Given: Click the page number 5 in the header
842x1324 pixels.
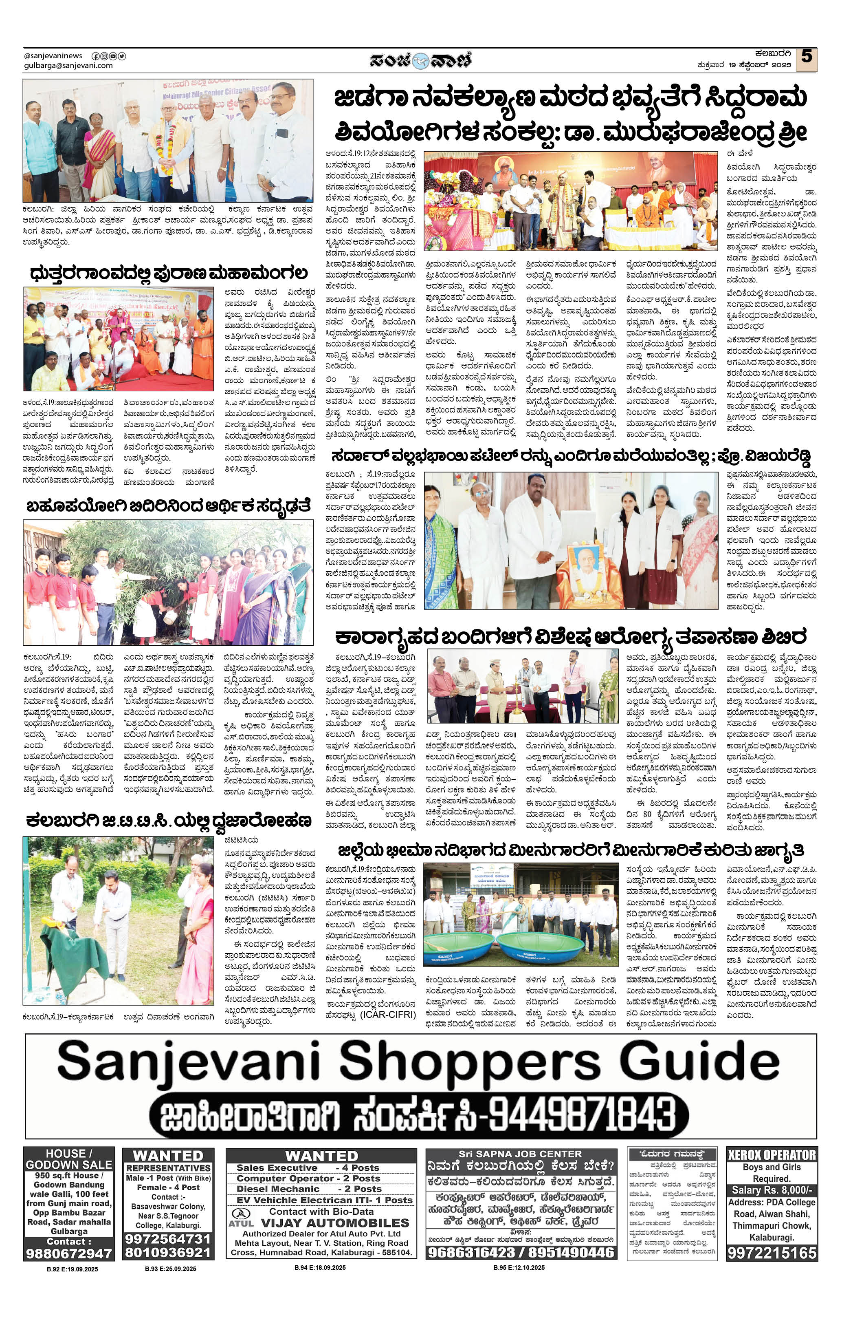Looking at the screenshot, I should [x=806, y=57].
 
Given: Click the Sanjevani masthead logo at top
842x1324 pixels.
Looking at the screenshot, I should [x=420, y=60].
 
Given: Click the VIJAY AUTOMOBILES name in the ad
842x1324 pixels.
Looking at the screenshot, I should [x=335, y=1223].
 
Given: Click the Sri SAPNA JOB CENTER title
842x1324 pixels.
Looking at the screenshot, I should [x=521, y=1154].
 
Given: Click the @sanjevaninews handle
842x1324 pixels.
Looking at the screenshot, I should [x=53, y=55].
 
